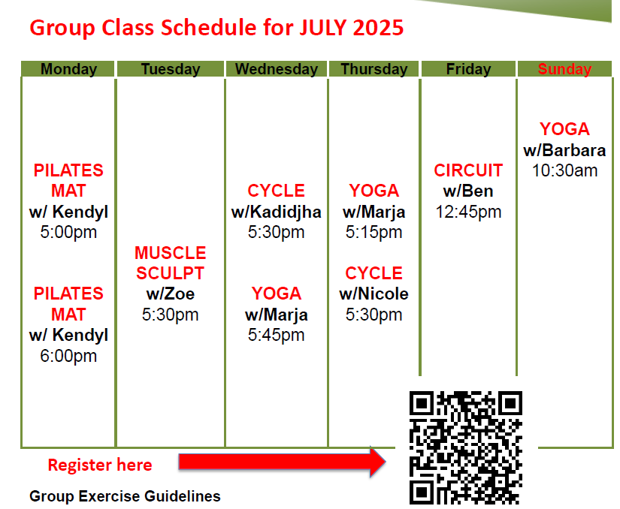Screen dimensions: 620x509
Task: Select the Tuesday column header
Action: click(x=171, y=69)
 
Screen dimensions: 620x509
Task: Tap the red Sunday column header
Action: click(x=564, y=69)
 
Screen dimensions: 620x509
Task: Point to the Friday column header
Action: click(x=468, y=69)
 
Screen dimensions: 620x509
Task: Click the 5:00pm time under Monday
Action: click(x=68, y=232)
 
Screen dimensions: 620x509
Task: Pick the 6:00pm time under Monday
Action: click(x=68, y=356)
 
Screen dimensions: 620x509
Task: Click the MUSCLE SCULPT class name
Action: click(x=171, y=263)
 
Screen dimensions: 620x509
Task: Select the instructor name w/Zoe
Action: click(x=171, y=294)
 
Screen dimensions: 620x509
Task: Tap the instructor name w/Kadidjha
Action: click(x=276, y=212)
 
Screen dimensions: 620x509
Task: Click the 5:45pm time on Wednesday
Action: click(x=276, y=336)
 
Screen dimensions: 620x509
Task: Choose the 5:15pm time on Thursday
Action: click(x=374, y=232)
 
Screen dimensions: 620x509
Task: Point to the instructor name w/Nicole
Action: click(x=374, y=294)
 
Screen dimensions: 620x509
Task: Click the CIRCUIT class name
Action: click(x=468, y=170)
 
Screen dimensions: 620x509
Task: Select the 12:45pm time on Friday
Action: click(x=468, y=212)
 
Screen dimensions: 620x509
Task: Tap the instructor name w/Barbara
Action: click(x=564, y=150)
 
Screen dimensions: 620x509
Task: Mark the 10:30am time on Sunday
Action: click(x=564, y=170)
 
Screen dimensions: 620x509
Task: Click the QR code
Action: click(x=466, y=447)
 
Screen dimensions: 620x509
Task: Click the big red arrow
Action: click(x=282, y=462)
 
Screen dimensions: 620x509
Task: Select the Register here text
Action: click(x=100, y=465)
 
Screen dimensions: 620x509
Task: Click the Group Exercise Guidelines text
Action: click(x=125, y=496)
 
